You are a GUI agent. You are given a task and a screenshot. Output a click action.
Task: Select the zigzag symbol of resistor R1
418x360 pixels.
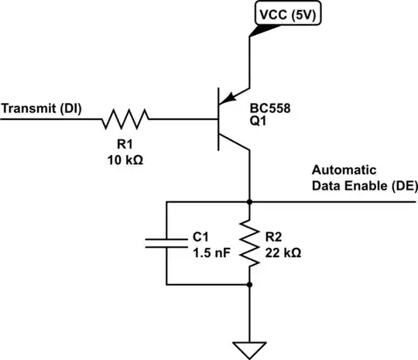coord(125,119)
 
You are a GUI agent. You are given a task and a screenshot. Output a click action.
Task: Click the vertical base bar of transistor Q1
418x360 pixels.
coord(219,119)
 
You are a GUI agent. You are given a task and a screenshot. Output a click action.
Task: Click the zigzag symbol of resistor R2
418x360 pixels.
coord(248,242)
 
